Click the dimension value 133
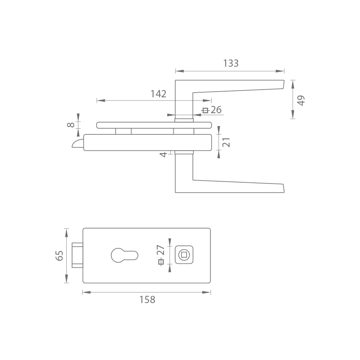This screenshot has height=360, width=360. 231,63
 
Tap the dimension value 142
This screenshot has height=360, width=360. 158,94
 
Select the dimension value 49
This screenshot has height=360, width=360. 301,100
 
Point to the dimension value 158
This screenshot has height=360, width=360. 147,299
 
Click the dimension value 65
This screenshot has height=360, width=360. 59,255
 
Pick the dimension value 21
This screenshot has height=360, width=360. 226,142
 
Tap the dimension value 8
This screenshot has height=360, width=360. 71,125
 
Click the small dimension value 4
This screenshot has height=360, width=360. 163,155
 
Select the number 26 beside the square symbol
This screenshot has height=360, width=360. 216,110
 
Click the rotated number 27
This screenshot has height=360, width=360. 161,250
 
